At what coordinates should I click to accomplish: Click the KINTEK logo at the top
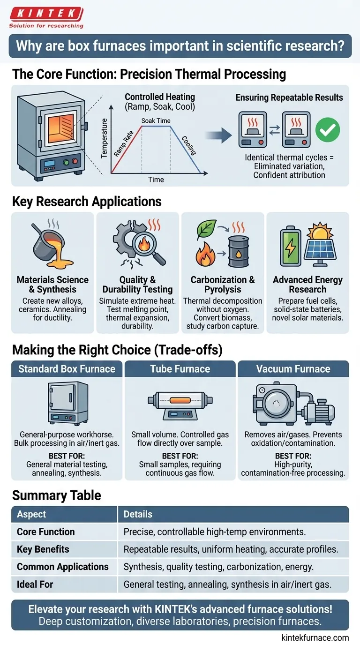tap(46, 17)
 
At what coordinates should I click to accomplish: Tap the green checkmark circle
tap(328, 129)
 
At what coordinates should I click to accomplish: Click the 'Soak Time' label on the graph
tap(156, 120)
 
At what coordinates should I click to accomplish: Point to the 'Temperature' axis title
tap(104, 138)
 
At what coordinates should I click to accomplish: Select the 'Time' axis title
tap(156, 180)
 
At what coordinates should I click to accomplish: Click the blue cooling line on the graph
tap(186, 150)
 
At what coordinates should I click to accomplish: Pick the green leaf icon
tap(206, 230)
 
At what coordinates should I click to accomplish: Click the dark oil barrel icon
tap(239, 252)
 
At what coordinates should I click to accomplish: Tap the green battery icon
tap(290, 246)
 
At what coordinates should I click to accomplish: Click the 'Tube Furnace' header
tap(180, 369)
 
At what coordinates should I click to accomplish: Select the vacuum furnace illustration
tap(293, 404)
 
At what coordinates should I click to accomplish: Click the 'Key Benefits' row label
tap(43, 549)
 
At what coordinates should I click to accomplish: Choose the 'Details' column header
tap(138, 514)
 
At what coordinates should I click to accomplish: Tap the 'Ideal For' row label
tap(35, 584)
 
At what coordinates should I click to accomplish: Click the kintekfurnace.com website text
tap(315, 637)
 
